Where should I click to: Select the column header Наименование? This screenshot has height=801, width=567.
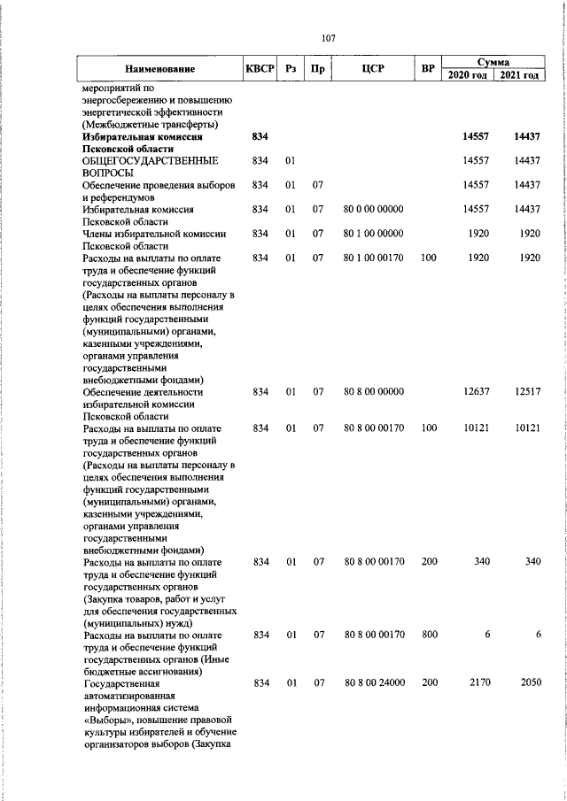(159, 68)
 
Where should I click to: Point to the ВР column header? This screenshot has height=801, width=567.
(429, 68)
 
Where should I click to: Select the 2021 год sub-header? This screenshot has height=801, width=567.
(519, 75)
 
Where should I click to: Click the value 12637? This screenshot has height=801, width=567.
(477, 391)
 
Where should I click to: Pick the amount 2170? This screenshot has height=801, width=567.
(479, 683)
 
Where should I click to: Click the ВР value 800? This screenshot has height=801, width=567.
(429, 635)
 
